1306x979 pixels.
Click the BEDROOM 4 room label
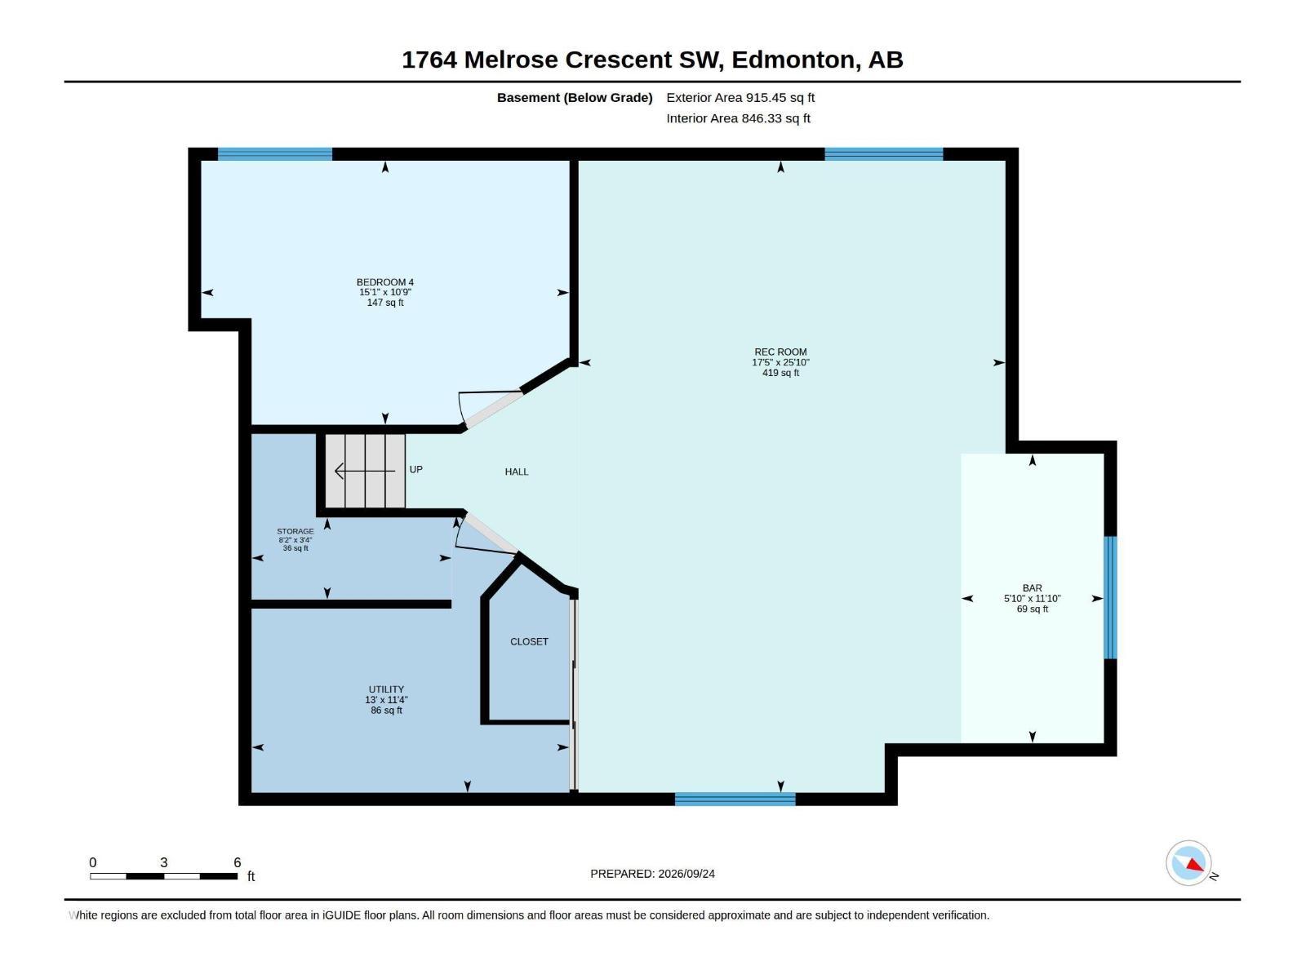[385, 282]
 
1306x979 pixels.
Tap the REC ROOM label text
[780, 352]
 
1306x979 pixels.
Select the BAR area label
[1033, 588]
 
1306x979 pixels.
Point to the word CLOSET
[529, 641]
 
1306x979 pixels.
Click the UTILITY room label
[386, 689]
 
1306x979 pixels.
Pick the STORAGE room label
[295, 531]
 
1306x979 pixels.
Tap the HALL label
[517, 472]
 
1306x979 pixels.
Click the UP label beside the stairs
[416, 470]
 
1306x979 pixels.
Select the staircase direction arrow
[365, 471]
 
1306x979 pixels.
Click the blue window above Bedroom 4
[275, 154]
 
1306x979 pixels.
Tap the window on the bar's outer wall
[1110, 597]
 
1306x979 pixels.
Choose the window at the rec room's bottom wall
[735, 799]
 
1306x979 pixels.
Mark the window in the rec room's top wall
[883, 154]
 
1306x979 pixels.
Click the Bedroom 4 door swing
[489, 408]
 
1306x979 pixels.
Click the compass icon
[1188, 863]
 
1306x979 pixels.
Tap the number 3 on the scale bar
[163, 862]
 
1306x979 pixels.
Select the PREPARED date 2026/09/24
[686, 874]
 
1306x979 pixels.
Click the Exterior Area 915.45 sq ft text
[740, 97]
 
